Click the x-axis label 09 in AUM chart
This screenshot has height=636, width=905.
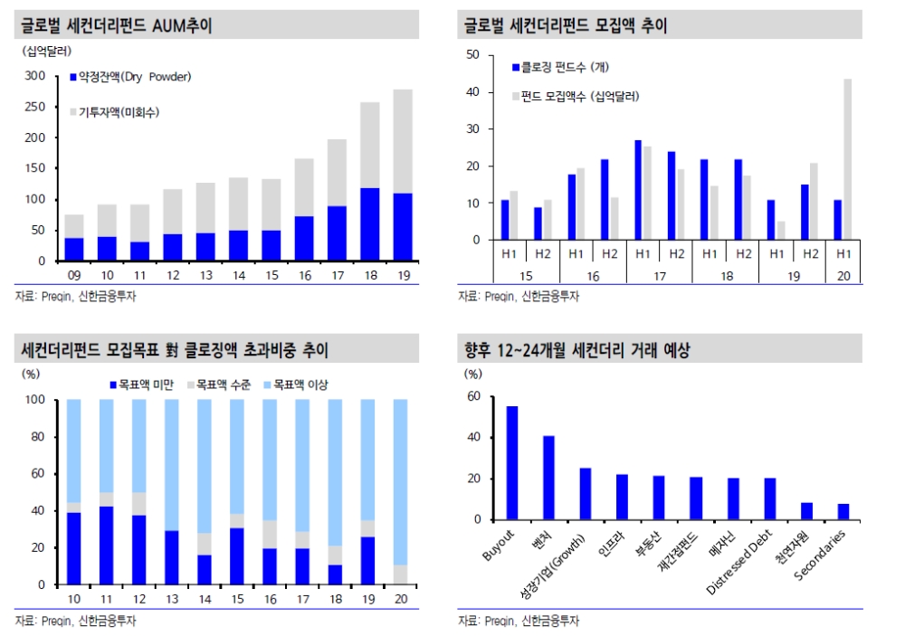point(73,275)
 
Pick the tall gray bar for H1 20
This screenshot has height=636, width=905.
point(847,159)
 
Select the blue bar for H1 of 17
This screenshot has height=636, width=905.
point(638,190)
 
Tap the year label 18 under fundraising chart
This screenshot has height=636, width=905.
point(726,271)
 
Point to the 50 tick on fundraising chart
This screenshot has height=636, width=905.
point(472,54)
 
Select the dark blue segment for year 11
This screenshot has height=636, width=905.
point(106,546)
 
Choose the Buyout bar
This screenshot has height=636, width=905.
point(512,463)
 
